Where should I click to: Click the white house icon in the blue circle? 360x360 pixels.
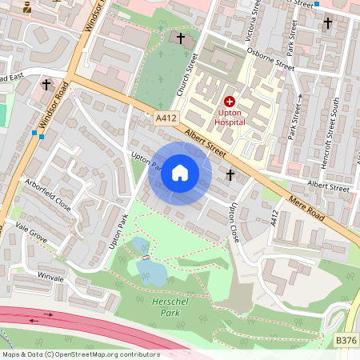[180, 173]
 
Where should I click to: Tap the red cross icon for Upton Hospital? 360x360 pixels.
[230, 102]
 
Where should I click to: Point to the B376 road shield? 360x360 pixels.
[346, 341]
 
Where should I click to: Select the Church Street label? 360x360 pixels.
[192, 73]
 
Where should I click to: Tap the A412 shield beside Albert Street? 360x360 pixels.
[166, 118]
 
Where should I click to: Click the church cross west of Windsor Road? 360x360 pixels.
[46, 83]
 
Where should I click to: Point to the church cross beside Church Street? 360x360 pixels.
[181, 38]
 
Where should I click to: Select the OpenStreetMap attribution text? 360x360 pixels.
[80, 354]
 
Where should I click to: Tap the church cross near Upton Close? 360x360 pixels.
[230, 174]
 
